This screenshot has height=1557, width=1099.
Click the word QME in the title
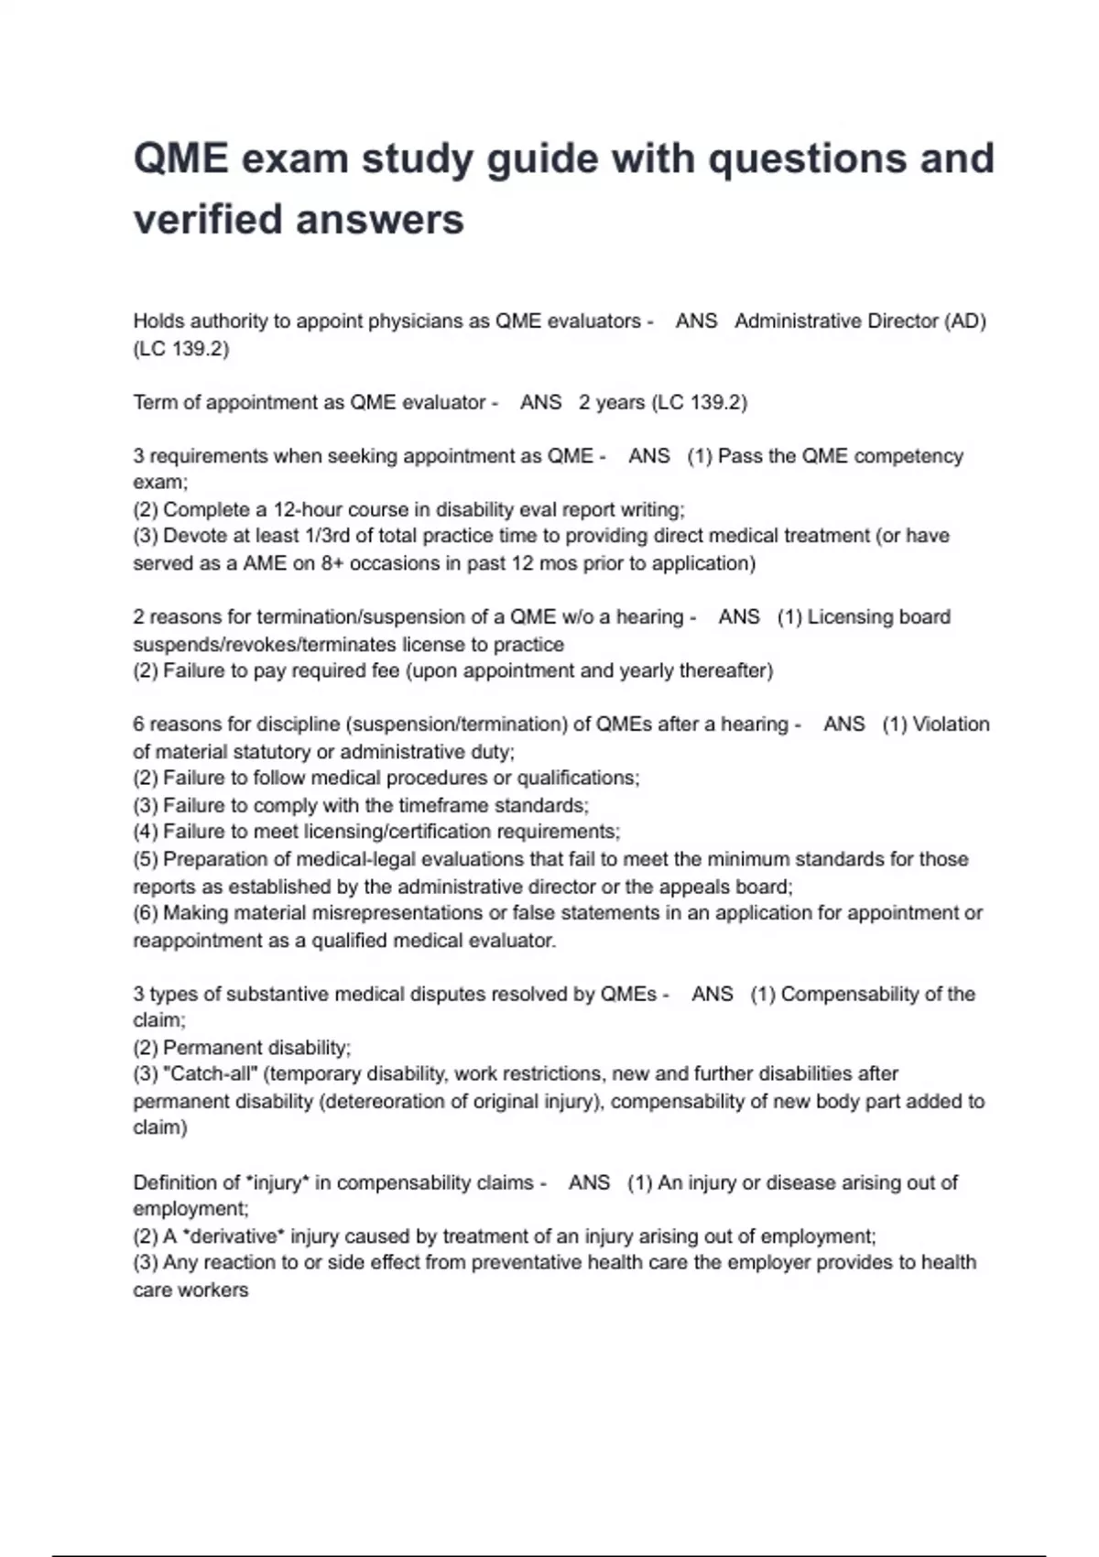[181, 159]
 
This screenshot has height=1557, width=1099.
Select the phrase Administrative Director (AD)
[860, 321]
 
